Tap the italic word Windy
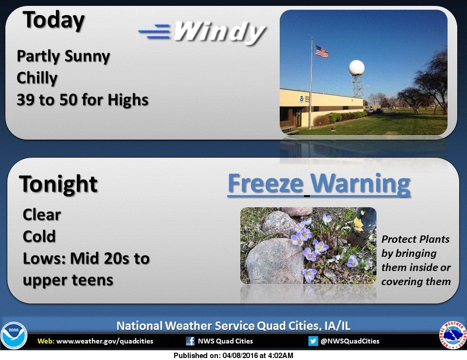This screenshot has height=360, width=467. (x=219, y=32)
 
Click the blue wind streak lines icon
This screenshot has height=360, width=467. (x=155, y=31)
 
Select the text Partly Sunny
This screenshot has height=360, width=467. (x=63, y=56)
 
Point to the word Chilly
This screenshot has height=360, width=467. (x=37, y=78)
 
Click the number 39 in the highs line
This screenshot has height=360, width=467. (x=25, y=100)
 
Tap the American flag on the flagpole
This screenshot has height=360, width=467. (x=322, y=52)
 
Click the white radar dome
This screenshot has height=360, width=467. (x=357, y=67)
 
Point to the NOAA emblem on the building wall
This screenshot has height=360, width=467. (x=302, y=99)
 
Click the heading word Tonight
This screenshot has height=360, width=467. (x=58, y=184)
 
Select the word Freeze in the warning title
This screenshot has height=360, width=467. (x=266, y=183)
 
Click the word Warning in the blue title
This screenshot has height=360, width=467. (x=360, y=184)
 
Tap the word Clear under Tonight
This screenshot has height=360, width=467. (x=42, y=215)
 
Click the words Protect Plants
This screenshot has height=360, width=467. (x=415, y=239)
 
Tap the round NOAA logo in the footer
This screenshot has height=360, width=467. (x=14, y=336)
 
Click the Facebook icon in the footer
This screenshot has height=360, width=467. (x=190, y=341)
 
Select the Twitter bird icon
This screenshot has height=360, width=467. (x=313, y=341)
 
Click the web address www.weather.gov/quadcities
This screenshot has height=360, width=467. (x=105, y=341)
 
